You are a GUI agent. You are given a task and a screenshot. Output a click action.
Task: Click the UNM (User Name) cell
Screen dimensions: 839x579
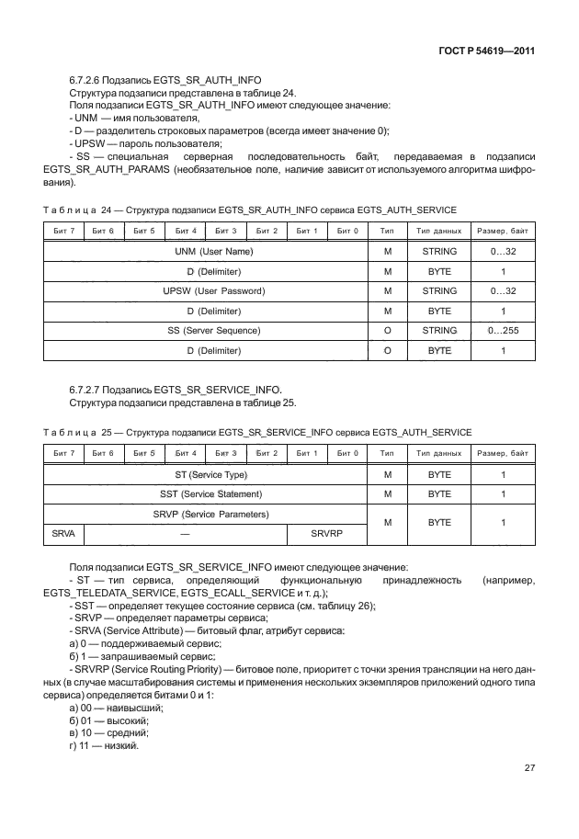207,251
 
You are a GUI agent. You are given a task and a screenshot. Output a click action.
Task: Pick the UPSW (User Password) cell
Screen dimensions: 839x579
207,290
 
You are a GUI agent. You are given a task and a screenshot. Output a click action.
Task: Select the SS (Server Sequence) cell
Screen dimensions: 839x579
207,330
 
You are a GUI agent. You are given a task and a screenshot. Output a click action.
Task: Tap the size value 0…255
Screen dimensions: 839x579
503,330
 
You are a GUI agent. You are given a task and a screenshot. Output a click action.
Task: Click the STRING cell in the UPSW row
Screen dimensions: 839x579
438,290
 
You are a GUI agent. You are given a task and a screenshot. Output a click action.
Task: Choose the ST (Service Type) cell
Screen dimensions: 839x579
207,474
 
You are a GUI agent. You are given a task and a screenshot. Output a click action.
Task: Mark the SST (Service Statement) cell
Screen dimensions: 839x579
207,494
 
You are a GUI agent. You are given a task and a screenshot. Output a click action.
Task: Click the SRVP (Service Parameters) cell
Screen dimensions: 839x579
207,514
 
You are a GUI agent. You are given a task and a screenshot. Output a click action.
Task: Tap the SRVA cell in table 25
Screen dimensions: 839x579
64,533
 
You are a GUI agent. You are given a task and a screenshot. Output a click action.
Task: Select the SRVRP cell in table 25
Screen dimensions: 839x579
326,533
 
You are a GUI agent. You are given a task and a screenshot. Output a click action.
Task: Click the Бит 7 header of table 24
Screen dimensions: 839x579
64,230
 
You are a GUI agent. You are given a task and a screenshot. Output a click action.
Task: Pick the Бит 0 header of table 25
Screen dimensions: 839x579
346,453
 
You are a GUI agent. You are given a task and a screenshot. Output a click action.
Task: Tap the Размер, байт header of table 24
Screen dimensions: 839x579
503,230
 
